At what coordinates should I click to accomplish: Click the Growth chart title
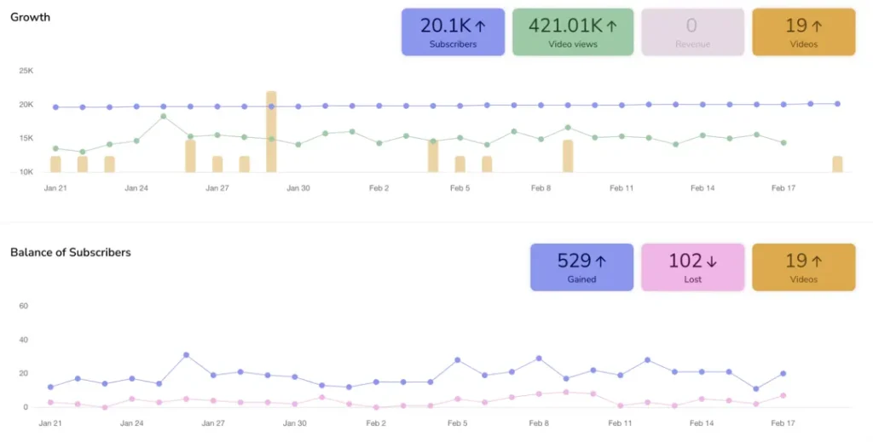tap(30, 17)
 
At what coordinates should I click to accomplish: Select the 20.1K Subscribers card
tap(453, 32)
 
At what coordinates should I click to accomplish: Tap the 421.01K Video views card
tap(573, 32)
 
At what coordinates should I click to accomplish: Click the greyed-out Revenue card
tap(692, 32)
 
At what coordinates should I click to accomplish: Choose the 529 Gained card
tap(581, 267)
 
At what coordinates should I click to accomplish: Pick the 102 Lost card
tap(692, 267)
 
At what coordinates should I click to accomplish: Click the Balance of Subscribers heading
tap(70, 252)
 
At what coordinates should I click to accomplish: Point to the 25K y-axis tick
tap(26, 71)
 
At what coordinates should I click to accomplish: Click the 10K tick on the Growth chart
tap(26, 172)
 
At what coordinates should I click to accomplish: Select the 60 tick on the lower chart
tap(24, 306)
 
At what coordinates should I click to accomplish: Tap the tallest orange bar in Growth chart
tap(271, 131)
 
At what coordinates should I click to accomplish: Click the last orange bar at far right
tap(837, 164)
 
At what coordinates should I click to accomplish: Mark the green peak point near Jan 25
tap(164, 116)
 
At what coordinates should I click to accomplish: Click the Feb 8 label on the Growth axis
tap(541, 188)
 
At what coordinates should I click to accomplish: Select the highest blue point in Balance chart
tap(186, 355)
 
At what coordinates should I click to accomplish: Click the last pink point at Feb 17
tap(783, 395)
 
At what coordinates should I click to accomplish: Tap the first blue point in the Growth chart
tap(55, 107)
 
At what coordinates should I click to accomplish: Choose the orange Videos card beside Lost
tap(803, 267)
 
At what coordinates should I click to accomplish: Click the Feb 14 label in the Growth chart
tap(702, 188)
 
